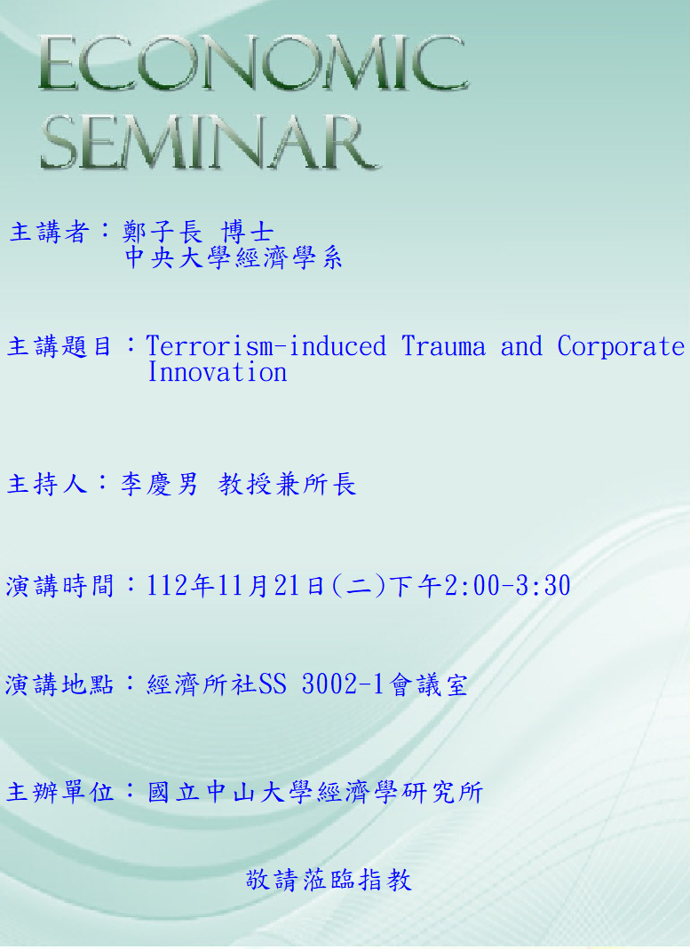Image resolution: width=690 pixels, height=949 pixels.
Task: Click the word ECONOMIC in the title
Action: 253,63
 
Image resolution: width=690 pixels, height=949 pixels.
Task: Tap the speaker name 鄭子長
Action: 163,232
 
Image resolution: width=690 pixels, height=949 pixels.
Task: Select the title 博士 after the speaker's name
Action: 248,232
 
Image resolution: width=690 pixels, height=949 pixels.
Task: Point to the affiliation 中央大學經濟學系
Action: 234,257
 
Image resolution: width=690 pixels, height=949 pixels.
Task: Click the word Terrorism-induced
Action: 266,346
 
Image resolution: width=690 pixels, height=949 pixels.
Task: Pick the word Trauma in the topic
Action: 444,346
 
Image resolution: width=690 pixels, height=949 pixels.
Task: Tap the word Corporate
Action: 621,347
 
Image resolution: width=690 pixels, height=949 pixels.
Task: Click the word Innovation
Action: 218,372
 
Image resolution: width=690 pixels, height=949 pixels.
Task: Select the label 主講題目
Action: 59,347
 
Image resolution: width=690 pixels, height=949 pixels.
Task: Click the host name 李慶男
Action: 159,484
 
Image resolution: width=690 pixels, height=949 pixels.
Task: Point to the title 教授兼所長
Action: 287,484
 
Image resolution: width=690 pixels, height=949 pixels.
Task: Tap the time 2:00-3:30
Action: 507,585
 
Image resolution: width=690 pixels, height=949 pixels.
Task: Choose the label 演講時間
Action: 59,586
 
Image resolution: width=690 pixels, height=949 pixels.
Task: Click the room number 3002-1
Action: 343,684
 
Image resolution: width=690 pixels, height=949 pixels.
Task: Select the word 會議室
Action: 429,685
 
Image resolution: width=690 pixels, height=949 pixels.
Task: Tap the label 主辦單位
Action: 59,792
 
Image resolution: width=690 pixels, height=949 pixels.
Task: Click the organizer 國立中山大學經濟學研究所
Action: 315,792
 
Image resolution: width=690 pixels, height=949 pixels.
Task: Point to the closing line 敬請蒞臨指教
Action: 329,880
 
